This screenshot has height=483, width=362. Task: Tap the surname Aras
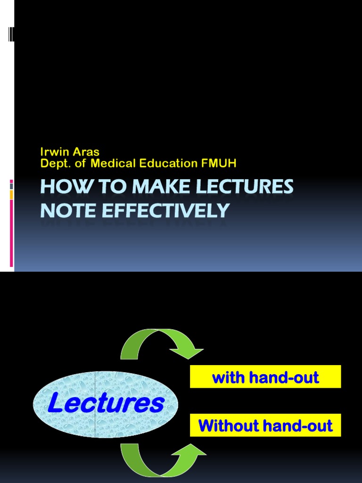[87, 152]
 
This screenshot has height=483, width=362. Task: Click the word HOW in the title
[59, 187]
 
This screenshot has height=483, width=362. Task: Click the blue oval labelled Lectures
[106, 403]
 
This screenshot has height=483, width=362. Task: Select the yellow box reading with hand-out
[265, 377]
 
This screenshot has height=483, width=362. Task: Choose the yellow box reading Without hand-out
[265, 425]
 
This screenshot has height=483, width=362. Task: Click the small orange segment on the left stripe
[11, 194]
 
